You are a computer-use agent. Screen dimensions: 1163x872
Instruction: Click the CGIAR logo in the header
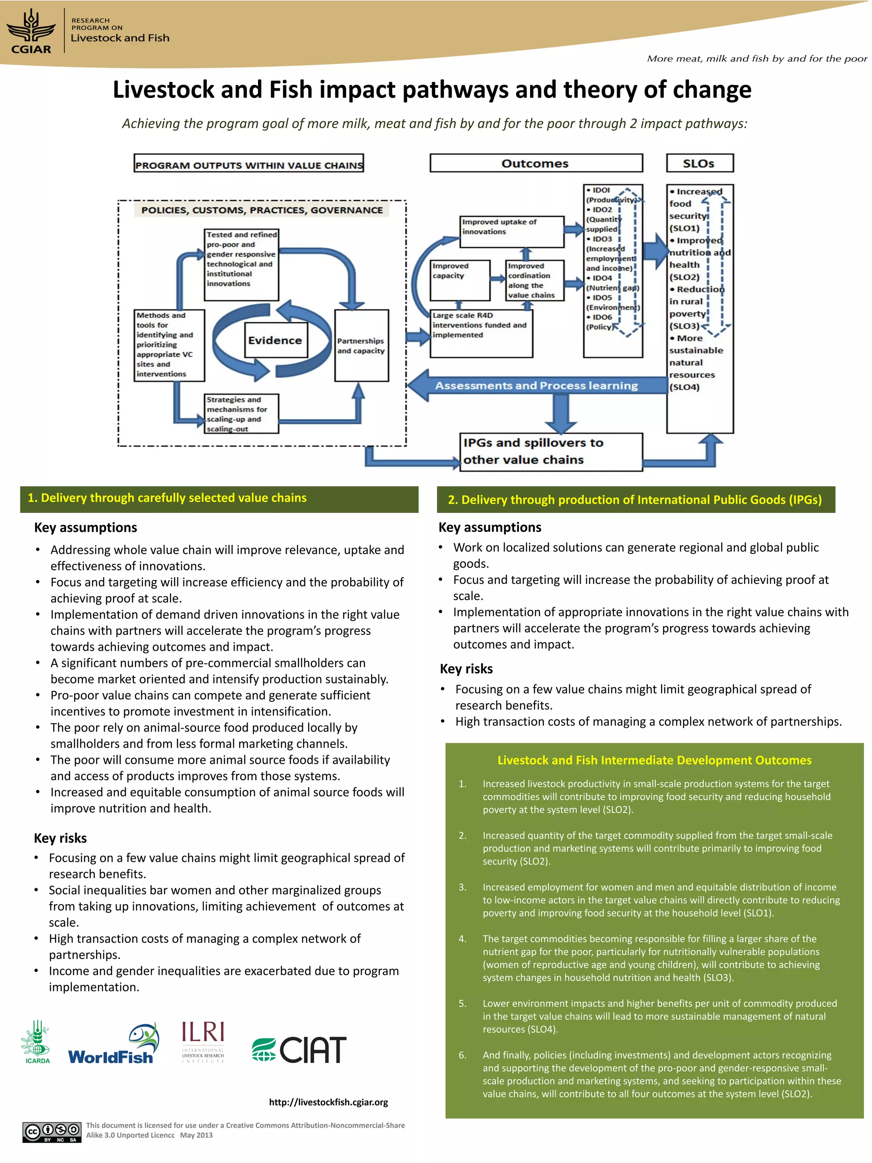pyautogui.click(x=32, y=33)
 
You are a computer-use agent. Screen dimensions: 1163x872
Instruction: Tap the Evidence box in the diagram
pyautogui.click(x=275, y=340)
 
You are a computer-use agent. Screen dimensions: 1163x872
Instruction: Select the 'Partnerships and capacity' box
pyautogui.click(x=361, y=345)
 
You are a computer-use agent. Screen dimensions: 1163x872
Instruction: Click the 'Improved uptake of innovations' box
pyautogui.click(x=511, y=231)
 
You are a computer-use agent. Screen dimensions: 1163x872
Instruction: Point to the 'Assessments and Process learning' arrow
pyautogui.click(x=536, y=385)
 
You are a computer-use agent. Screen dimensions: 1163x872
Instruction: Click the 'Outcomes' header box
pyautogui.click(x=536, y=163)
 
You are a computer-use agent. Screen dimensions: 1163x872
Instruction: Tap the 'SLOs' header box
pyautogui.click(x=699, y=163)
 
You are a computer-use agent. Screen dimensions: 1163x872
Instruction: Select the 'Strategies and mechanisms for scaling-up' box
pyautogui.click(x=241, y=414)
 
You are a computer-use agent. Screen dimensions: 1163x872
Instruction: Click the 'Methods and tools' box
pyautogui.click(x=169, y=345)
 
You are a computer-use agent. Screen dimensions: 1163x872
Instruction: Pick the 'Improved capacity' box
pyautogui.click(x=460, y=280)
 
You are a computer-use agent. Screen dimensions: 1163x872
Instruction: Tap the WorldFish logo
pyautogui.click(x=114, y=1044)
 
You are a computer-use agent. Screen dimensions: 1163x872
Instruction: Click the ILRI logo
pyautogui.click(x=203, y=1042)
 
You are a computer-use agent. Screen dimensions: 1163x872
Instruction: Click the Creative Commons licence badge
pyautogui.click(x=52, y=1132)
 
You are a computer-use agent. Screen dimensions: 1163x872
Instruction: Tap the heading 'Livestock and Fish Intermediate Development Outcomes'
pyautogui.click(x=654, y=760)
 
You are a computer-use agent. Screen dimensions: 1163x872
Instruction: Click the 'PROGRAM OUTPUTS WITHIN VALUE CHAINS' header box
pyautogui.click(x=249, y=164)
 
